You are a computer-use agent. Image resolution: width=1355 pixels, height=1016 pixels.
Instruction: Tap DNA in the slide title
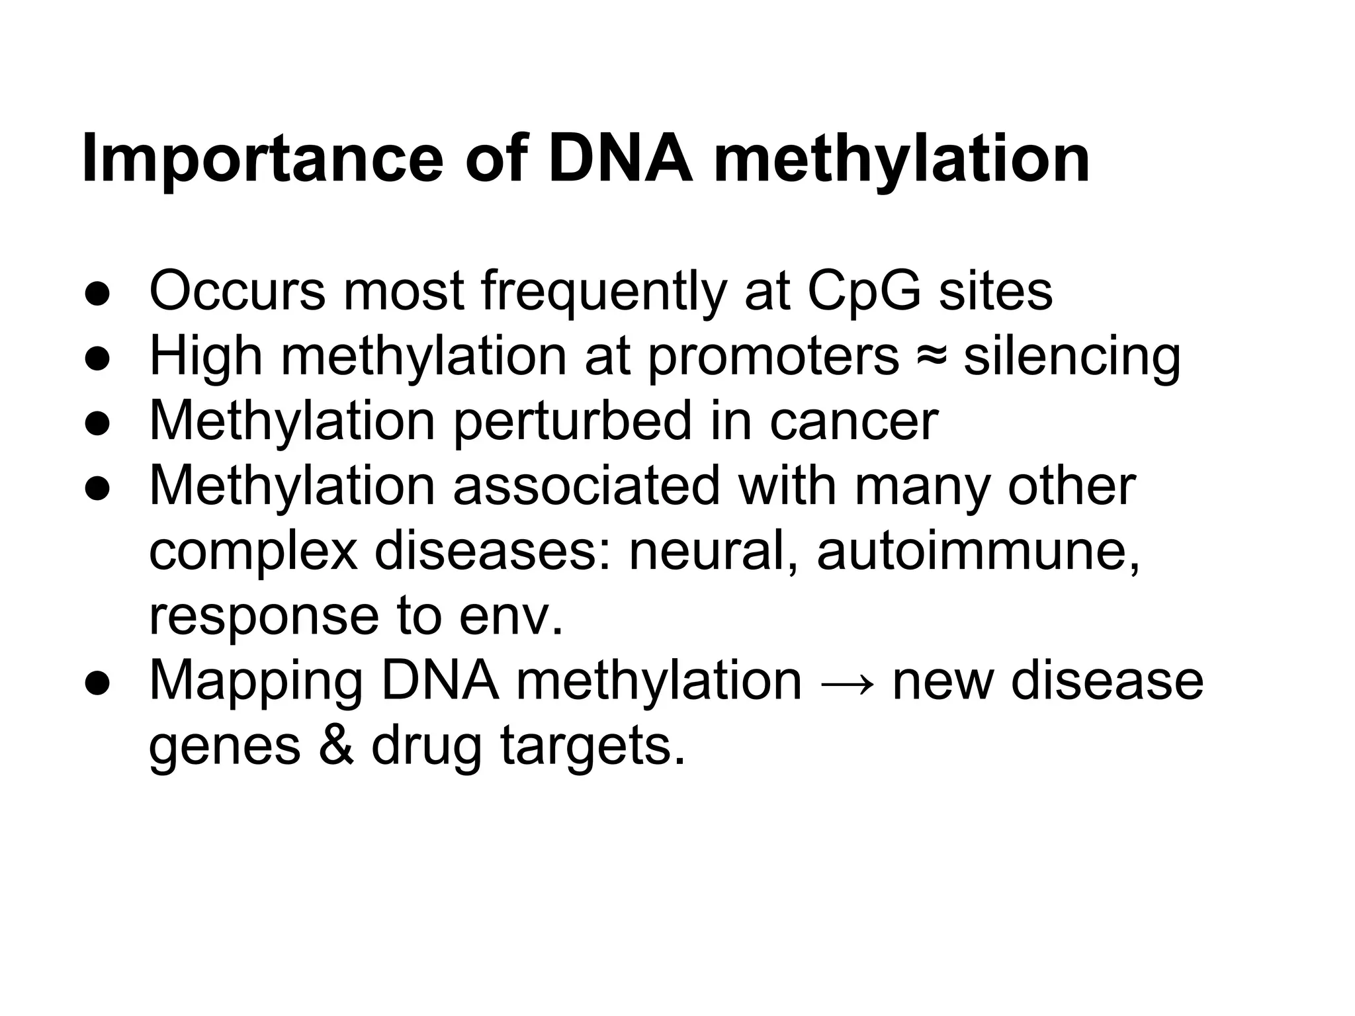[x=621, y=159]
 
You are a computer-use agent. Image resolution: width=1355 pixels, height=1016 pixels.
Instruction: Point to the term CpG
[x=864, y=292]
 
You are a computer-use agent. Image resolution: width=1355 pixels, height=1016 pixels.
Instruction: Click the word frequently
[x=603, y=292]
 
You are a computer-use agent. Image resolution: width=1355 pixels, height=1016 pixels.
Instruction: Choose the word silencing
[x=1072, y=358]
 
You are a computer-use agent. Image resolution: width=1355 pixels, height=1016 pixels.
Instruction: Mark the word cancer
[x=853, y=423]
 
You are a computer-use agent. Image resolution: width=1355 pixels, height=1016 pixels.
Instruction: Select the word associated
[x=586, y=486]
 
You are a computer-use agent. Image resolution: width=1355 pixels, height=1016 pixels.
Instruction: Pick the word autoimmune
[x=979, y=550]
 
